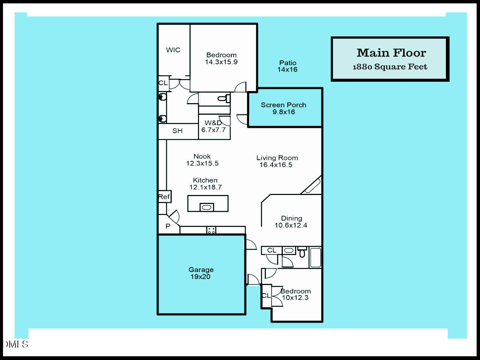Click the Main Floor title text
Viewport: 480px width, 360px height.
[391, 53]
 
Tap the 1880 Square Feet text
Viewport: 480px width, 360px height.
[390, 67]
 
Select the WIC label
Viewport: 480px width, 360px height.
[173, 50]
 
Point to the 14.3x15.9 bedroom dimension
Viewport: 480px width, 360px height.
[221, 62]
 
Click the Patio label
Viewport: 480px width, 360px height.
[288, 63]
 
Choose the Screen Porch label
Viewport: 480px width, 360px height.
[283, 105]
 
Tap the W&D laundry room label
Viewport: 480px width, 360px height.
[213, 123]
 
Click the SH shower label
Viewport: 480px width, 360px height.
[177, 131]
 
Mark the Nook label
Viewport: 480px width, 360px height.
[202, 156]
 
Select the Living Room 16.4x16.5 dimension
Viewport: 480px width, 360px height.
[276, 165]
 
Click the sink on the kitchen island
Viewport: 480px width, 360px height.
[207, 207]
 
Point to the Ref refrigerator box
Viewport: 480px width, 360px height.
[164, 196]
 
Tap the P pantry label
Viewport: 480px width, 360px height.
[168, 226]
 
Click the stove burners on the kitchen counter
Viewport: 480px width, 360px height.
[211, 230]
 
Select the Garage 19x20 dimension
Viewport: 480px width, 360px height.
[200, 277]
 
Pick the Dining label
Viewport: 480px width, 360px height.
[291, 218]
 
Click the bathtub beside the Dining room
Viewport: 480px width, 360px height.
[315, 257]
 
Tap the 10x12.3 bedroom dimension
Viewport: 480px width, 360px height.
[295, 298]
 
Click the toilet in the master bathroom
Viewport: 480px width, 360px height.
[222, 99]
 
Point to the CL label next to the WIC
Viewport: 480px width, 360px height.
[163, 83]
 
